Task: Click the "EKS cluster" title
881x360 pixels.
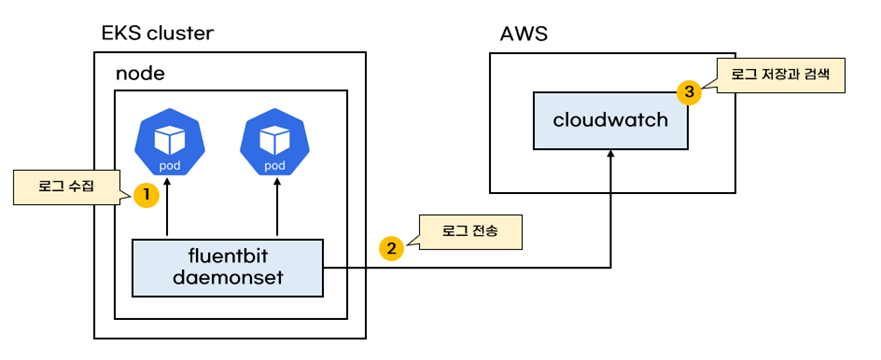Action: click(157, 33)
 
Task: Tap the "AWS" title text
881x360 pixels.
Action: click(524, 34)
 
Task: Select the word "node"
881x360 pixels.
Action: click(140, 74)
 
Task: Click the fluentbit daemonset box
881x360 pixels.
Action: click(228, 268)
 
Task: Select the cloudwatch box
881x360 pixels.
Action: click(611, 120)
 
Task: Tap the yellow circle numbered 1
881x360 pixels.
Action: click(146, 195)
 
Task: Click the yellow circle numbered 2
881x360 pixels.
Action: click(392, 248)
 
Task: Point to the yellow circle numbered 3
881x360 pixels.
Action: click(689, 93)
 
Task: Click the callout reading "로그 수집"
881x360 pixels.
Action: click(67, 187)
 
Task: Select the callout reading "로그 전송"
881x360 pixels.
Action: click(469, 231)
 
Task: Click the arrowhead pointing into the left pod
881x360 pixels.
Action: click(167, 182)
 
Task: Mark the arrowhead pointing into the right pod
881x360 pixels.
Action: click(276, 182)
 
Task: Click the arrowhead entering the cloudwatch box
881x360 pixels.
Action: click(611, 154)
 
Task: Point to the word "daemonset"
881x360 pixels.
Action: click(228, 277)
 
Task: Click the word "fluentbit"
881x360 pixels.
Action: click(228, 258)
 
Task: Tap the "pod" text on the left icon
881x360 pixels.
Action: click(170, 165)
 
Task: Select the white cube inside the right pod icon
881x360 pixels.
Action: click(275, 139)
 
